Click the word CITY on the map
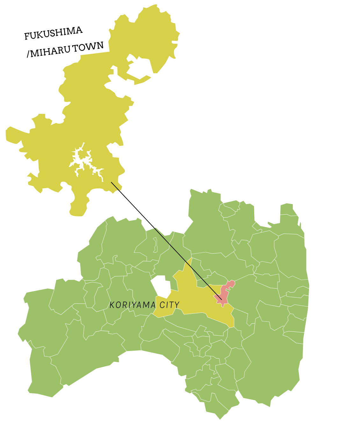tap(169, 305)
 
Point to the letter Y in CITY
tap(177, 305)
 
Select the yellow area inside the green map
tap(194, 300)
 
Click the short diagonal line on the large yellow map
tap(115, 186)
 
